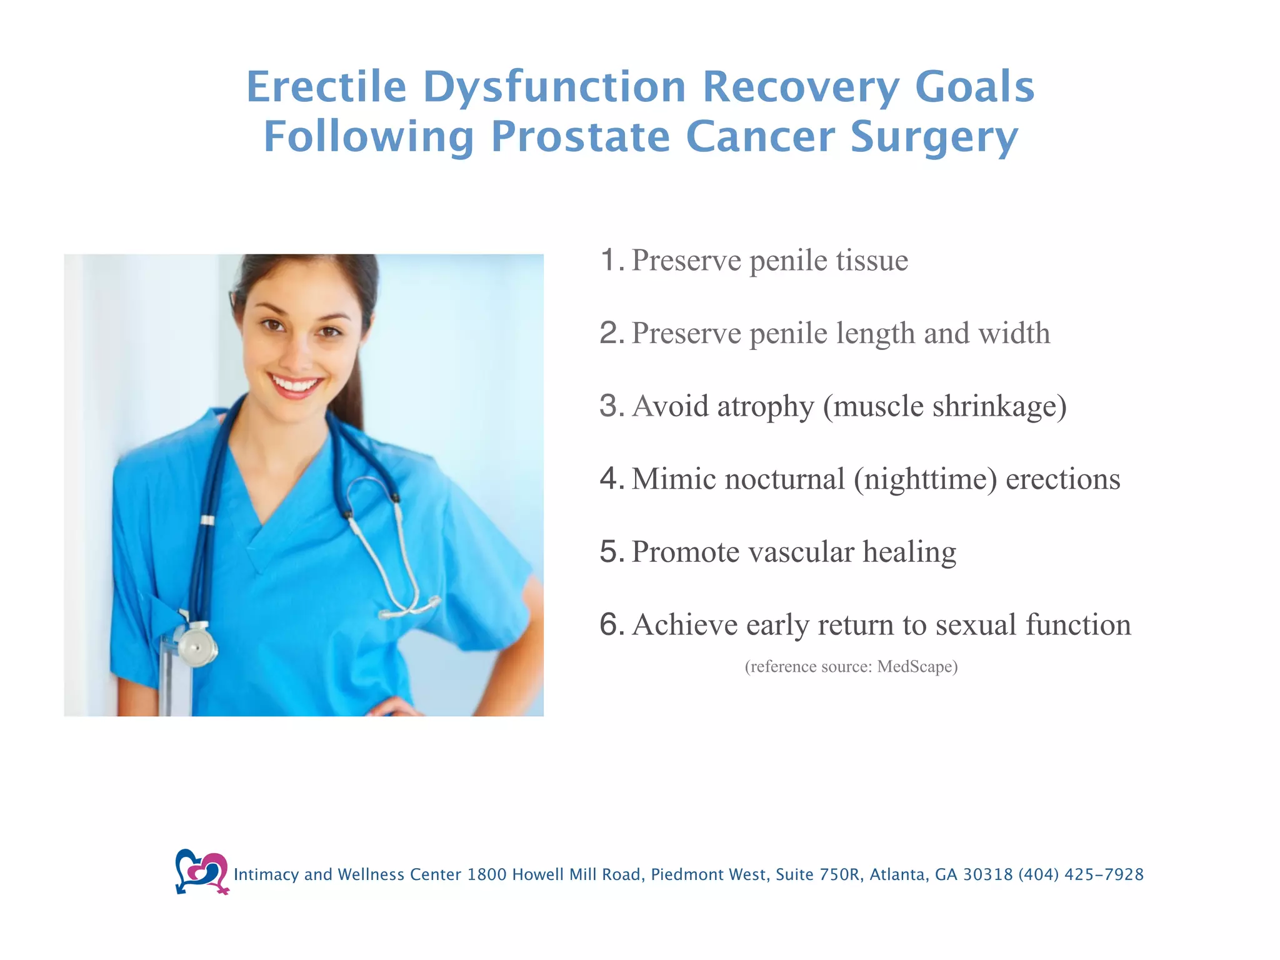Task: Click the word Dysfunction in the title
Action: (x=554, y=87)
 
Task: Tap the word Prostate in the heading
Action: (x=580, y=137)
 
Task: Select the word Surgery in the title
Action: (x=934, y=137)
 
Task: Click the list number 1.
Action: (x=610, y=260)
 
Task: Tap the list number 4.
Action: (x=610, y=479)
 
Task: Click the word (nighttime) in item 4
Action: (x=925, y=479)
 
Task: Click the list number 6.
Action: (x=610, y=624)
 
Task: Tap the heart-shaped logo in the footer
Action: (x=201, y=871)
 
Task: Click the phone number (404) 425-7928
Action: (x=1081, y=874)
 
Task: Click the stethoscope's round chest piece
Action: (x=196, y=646)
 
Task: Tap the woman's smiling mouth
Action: (x=295, y=384)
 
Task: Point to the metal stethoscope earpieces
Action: (x=409, y=607)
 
